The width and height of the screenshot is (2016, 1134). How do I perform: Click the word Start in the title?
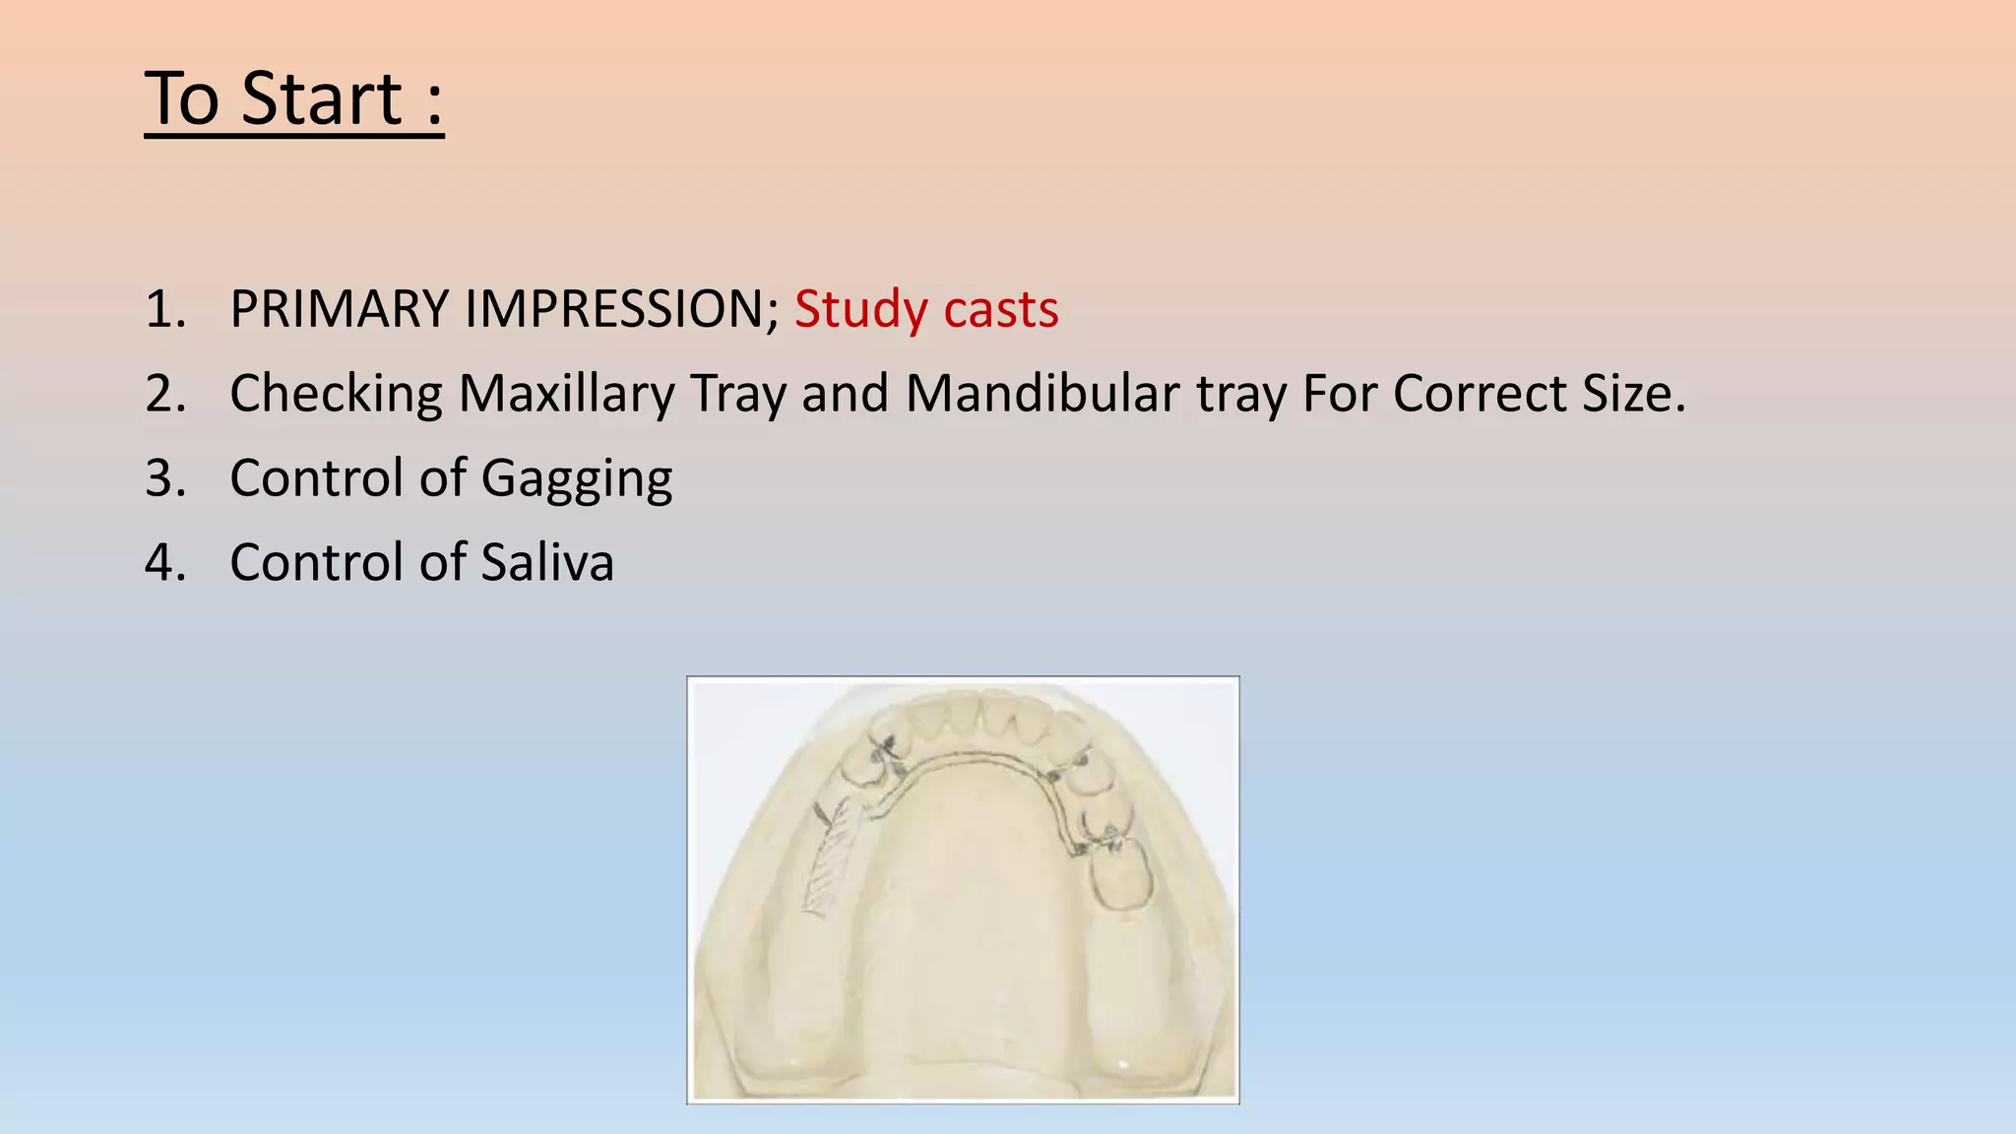pos(322,99)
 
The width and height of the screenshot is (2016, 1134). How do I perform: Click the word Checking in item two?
pos(336,395)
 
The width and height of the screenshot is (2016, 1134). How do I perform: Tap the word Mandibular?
pos(1042,394)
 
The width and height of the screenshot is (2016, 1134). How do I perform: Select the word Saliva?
pos(547,563)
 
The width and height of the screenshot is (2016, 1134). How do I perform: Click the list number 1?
pos(165,310)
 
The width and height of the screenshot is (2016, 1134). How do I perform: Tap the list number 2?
pos(165,395)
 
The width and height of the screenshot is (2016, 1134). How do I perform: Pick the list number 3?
pos(165,479)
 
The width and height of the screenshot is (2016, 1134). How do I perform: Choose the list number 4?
pos(165,563)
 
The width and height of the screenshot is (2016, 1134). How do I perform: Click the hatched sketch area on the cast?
pos(833,856)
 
